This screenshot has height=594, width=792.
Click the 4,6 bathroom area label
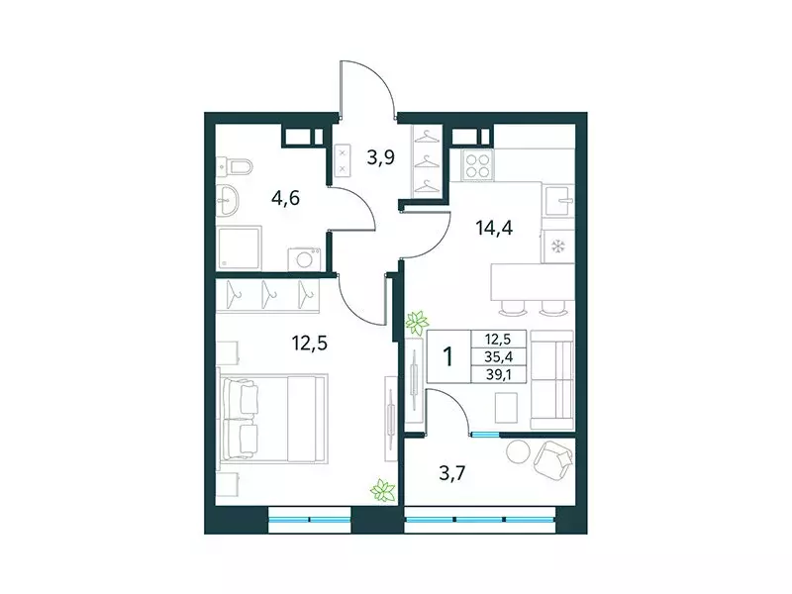[286, 196]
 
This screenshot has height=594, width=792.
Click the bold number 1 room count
[448, 356]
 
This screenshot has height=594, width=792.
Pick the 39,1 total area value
[500, 375]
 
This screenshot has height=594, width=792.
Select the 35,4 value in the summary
[500, 357]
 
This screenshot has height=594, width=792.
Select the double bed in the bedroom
[273, 418]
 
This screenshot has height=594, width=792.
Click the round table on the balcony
[519, 451]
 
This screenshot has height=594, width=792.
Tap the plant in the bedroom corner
[381, 489]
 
